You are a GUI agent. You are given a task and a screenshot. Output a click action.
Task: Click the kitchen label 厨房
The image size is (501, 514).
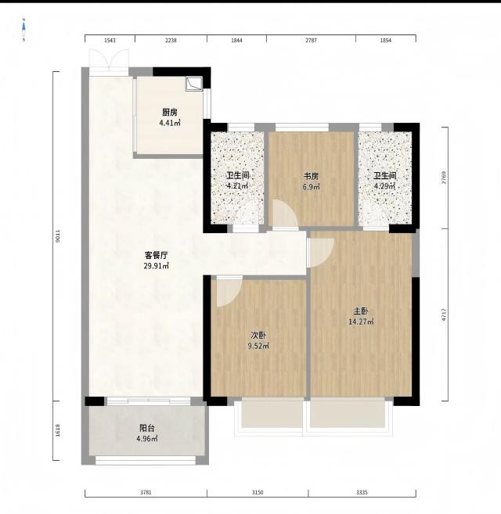click(170, 113)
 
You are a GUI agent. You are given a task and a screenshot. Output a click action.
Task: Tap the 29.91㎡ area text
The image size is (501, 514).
click(157, 266)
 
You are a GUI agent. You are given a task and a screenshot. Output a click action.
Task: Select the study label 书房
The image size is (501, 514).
click(311, 176)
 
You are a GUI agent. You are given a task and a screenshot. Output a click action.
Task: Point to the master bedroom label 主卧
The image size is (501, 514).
click(360, 311)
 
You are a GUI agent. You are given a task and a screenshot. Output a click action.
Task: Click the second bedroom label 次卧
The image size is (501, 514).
click(258, 336)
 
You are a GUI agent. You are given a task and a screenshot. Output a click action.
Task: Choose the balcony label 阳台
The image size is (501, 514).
click(146, 428)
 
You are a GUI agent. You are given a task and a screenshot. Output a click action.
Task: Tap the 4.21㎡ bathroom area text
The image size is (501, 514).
click(237, 186)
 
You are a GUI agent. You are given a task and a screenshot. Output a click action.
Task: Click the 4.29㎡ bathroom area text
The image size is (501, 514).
click(384, 186)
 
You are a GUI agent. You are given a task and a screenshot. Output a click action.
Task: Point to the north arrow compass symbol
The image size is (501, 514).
click(23, 30)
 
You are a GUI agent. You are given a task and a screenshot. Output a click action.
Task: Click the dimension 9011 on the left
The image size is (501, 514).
click(58, 236)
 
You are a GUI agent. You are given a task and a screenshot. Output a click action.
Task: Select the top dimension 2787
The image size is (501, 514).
click(311, 41)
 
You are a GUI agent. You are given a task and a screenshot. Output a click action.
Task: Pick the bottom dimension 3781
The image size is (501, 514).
click(146, 492)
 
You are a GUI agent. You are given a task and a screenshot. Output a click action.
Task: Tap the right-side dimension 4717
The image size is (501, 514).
click(444, 315)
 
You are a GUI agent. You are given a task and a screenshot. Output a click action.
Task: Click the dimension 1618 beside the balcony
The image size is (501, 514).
click(58, 430)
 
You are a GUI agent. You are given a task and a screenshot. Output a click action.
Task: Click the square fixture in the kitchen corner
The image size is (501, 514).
click(193, 84)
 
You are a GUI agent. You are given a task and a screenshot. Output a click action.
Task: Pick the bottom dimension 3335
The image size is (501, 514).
click(362, 492)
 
